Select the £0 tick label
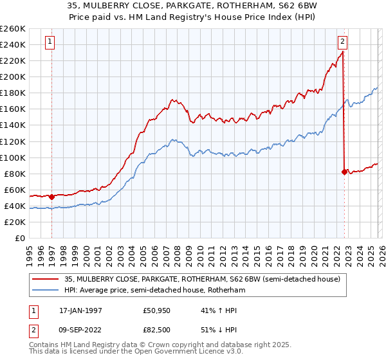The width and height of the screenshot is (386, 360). click(x=20, y=239)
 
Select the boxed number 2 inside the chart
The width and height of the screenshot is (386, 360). click(x=343, y=42)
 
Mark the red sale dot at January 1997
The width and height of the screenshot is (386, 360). click(x=51, y=197)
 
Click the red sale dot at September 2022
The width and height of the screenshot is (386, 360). click(x=344, y=172)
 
